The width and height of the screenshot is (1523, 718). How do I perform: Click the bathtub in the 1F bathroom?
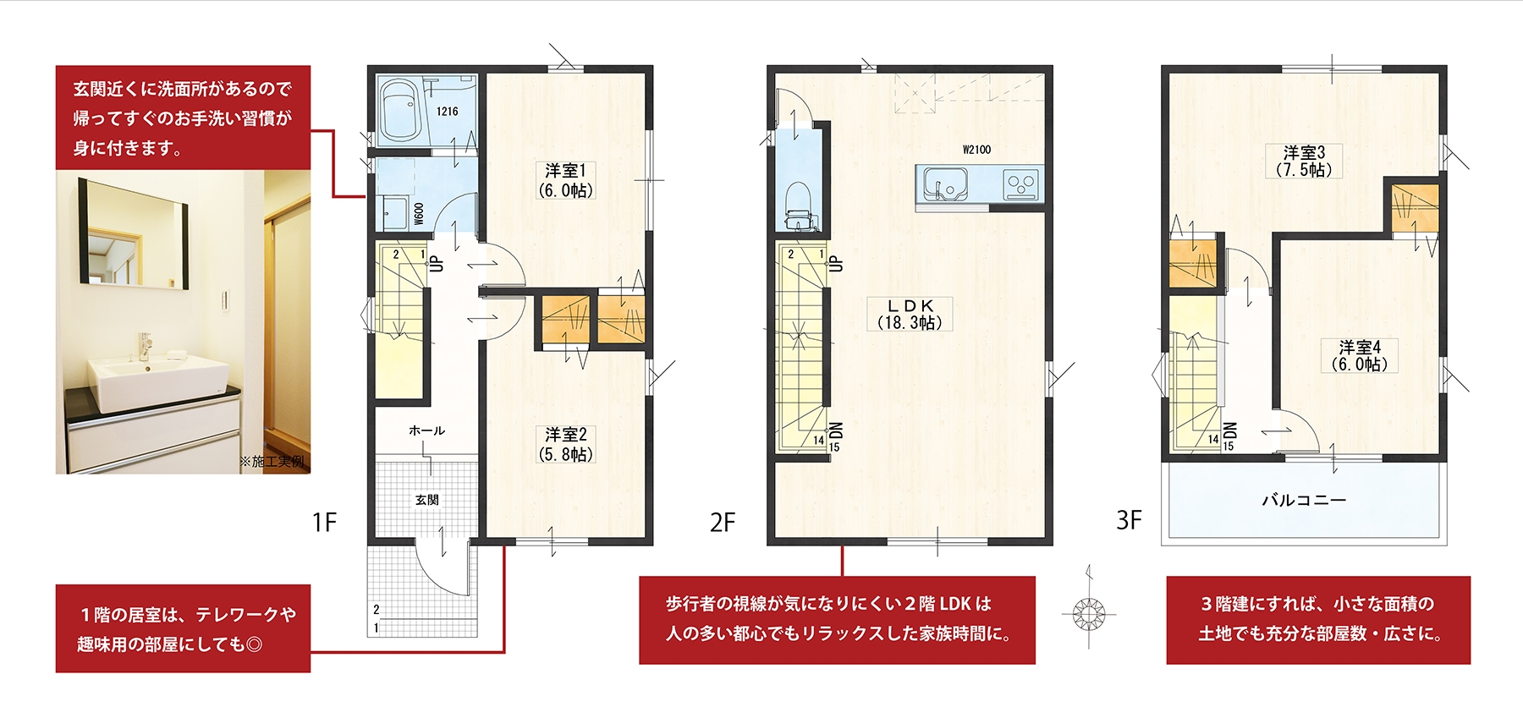point(401,111)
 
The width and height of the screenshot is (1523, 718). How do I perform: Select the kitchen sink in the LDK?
point(945,184)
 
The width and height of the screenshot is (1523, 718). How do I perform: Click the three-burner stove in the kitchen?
point(1020,184)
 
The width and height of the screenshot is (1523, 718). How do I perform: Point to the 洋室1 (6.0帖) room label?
point(566,180)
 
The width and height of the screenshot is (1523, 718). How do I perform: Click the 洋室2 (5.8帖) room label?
point(566,444)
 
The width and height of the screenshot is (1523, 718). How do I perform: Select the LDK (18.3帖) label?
point(910,314)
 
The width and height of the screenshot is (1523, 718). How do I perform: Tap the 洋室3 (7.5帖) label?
point(1304,161)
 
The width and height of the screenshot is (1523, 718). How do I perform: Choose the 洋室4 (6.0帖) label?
point(1360,355)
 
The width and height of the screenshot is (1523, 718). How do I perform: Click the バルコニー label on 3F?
point(1304,500)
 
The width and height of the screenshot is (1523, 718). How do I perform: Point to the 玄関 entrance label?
point(427,500)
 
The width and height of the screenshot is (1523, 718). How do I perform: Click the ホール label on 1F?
point(426,430)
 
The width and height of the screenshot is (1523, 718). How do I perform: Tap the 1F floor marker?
point(324,522)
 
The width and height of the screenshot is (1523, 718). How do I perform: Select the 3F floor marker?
point(1129,519)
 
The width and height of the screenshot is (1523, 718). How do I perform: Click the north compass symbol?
point(1089,611)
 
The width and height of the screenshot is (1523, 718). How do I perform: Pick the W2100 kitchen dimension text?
point(976,150)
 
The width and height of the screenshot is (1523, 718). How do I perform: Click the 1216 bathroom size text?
point(448,112)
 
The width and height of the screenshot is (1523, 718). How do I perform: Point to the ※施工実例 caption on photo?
point(272,462)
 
